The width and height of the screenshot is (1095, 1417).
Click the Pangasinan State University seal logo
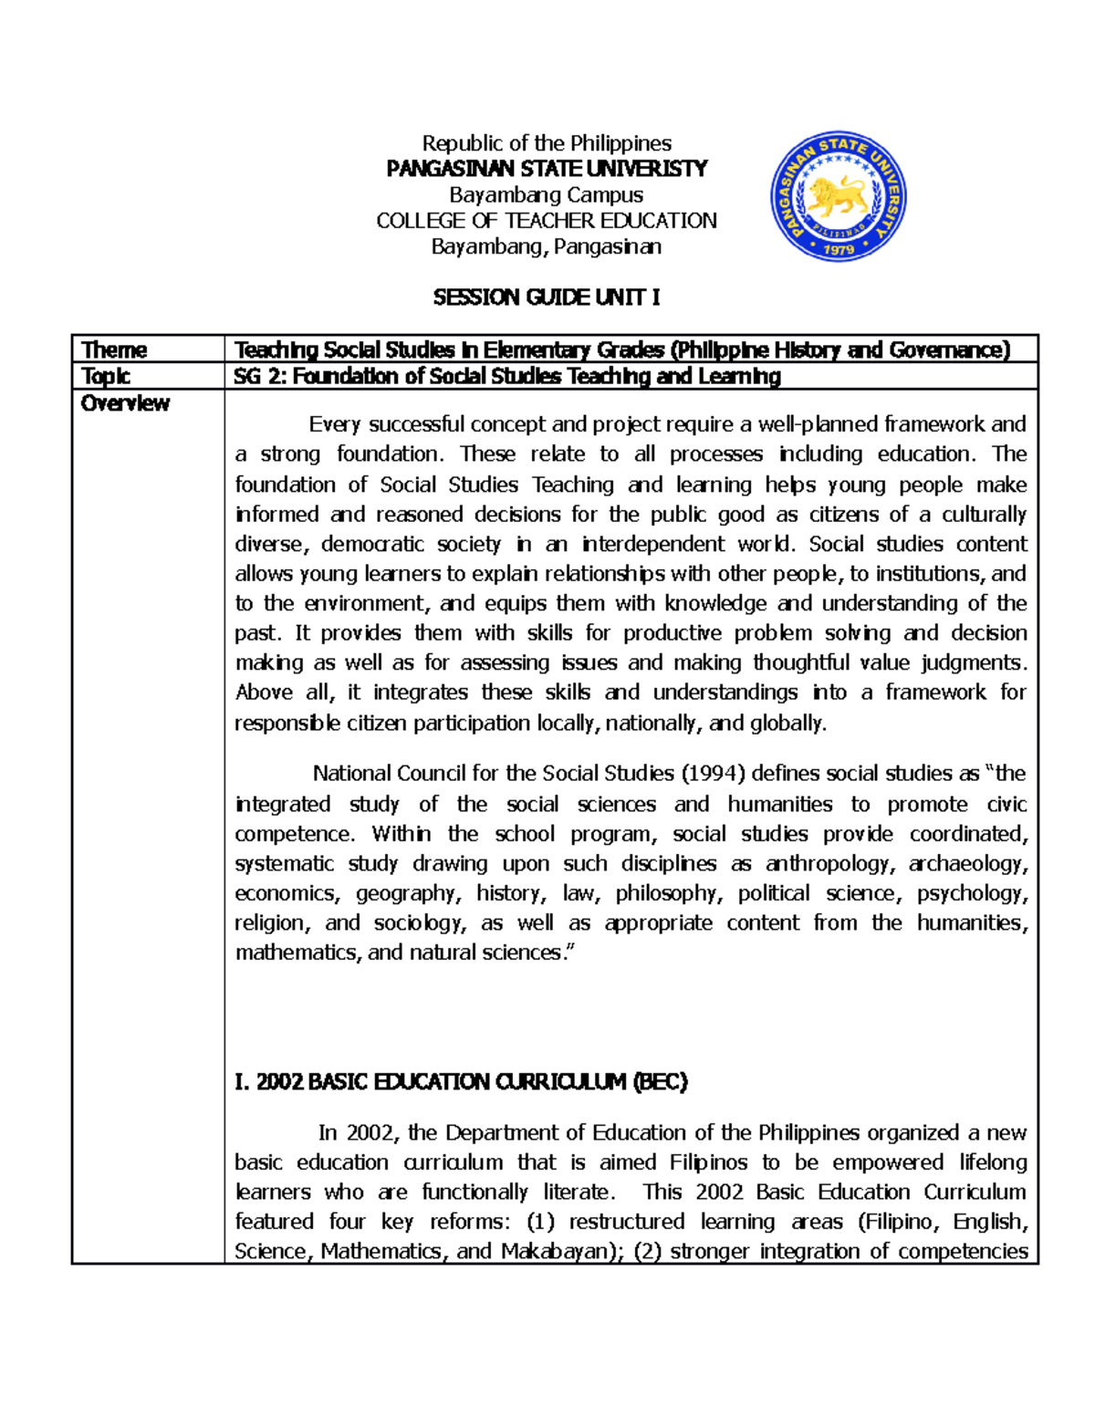(x=839, y=195)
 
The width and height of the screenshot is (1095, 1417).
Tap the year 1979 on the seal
(x=839, y=248)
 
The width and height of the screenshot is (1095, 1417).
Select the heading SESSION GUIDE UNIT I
(x=546, y=297)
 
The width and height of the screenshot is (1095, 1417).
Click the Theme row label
(x=114, y=349)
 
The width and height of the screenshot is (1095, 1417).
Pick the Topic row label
(x=106, y=376)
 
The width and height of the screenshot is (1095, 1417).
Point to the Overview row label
(x=125, y=403)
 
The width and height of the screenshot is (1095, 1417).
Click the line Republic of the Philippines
(x=546, y=143)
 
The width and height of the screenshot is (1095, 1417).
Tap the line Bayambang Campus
(x=546, y=194)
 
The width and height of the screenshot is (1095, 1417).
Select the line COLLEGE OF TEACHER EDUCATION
(x=546, y=221)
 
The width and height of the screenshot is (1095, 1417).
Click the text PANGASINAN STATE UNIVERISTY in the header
(x=546, y=169)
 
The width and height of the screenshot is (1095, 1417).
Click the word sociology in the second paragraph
(x=419, y=922)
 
